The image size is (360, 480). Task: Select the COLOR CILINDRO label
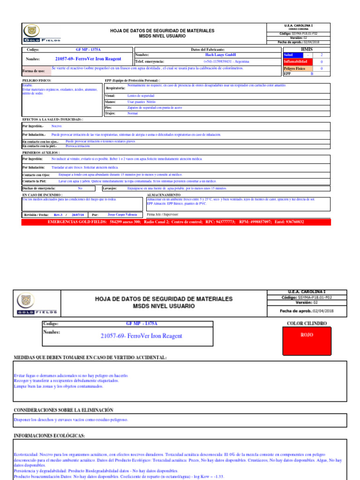coord(307,323)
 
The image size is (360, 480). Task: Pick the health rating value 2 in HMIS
coord(322,55)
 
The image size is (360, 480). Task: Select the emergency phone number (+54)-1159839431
coord(226,61)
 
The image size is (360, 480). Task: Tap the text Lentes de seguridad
coord(141,96)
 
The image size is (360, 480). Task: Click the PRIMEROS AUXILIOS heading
coord(41,153)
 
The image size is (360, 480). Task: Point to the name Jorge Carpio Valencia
coord(122,214)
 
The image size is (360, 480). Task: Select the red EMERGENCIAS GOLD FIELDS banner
coord(176,222)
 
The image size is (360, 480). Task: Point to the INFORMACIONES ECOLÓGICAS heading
coord(49,436)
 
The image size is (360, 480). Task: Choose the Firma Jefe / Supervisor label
coord(163,214)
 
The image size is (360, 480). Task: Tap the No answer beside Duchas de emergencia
coord(80,188)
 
